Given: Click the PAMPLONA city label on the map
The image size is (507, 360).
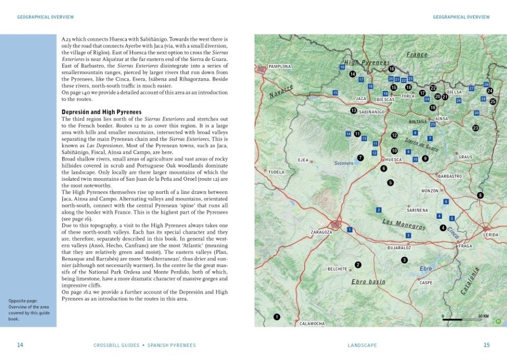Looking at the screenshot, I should (280, 67).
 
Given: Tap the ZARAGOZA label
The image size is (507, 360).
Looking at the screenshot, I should (322, 232).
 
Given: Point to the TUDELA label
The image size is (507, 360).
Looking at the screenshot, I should (276, 172).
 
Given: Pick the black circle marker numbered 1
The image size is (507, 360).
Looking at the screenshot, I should (276, 317).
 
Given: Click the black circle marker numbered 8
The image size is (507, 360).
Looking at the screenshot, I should (480, 196).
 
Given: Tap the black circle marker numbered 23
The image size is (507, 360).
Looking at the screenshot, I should (475, 128).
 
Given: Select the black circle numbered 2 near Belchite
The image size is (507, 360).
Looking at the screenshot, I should (358, 265).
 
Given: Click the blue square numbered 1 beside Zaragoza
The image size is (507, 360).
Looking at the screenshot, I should (349, 230).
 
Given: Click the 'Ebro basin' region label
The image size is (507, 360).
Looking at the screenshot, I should (368, 282).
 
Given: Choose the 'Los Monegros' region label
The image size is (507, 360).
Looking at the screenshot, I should (404, 224).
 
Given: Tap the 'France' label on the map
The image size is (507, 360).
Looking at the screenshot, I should (417, 54).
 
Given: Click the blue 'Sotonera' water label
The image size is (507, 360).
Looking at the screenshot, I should (343, 163).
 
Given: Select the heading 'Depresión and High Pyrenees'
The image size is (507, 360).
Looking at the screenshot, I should (101, 112).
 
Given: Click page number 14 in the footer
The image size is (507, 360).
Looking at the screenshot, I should (20, 345).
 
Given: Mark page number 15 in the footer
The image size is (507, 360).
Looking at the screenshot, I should (486, 345).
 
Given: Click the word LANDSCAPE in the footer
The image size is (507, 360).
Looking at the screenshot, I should (362, 345).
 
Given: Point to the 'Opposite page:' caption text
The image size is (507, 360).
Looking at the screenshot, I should (22, 301).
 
